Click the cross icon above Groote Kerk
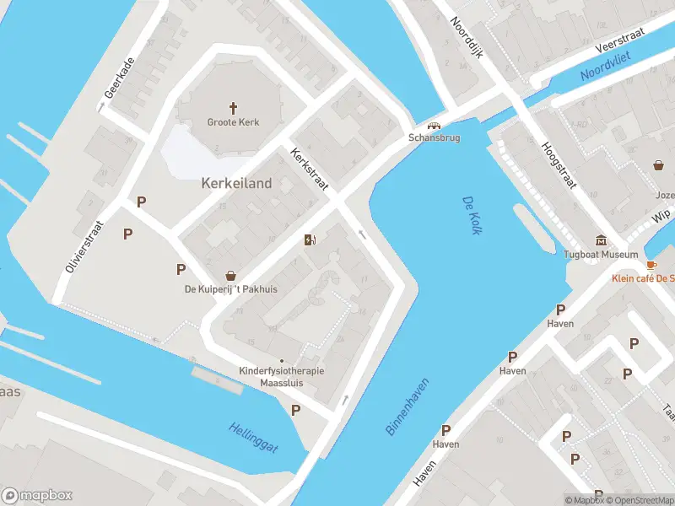[x=234, y=107]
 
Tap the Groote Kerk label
[x=234, y=122]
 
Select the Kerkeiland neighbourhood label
[x=236, y=182]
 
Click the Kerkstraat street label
[x=309, y=169]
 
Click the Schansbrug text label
[x=434, y=137]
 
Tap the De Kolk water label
[x=471, y=216]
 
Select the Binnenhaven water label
[x=408, y=406]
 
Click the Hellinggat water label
[x=253, y=433]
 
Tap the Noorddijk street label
[x=465, y=37]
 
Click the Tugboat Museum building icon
[x=601, y=240]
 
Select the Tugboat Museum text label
[x=601, y=254]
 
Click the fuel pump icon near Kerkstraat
[x=310, y=240]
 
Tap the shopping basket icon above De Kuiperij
[x=231, y=276]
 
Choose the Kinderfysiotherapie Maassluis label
[x=282, y=377]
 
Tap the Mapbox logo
[x=37, y=496]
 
